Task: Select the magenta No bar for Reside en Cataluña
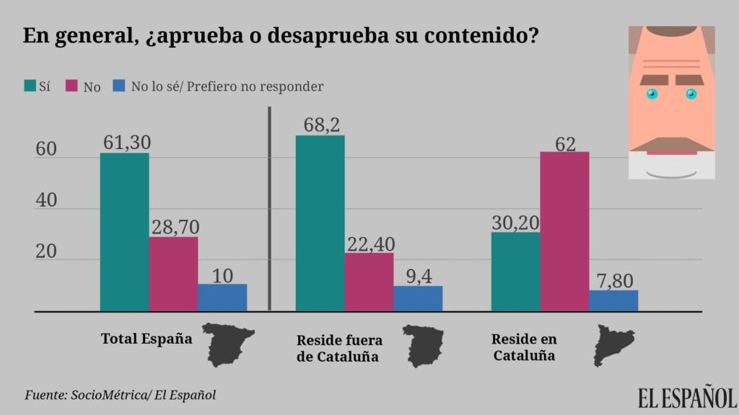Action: (564, 231)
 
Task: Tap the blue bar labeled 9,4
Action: (418, 298)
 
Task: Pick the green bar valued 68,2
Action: (320, 223)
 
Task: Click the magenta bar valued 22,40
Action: (369, 282)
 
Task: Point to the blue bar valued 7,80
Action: (613, 300)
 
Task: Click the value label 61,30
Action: (126, 143)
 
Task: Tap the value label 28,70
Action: (175, 227)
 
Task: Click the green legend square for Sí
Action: (30, 86)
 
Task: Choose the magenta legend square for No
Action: (71, 86)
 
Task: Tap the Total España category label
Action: (147, 339)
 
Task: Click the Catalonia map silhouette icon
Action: (613, 344)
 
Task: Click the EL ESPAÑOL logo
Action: (686, 397)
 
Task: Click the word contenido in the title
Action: (486, 35)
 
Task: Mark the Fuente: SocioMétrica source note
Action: (120, 395)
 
